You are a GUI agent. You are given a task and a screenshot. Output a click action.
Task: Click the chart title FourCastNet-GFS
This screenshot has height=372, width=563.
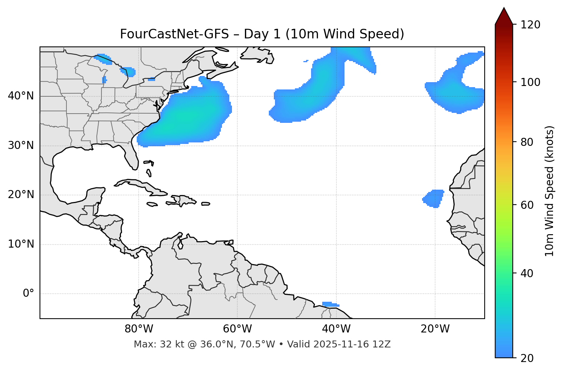[x=262, y=34]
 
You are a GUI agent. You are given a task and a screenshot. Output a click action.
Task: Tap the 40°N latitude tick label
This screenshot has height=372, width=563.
[x=21, y=96]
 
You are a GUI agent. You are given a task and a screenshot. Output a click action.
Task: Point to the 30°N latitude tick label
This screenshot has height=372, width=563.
[x=21, y=145]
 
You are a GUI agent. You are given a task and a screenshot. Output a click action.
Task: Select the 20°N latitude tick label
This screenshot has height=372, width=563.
[x=21, y=195]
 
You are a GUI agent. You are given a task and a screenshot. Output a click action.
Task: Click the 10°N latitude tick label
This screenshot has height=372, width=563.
[x=21, y=244]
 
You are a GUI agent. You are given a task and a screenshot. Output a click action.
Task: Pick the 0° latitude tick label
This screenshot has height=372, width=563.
[x=28, y=294]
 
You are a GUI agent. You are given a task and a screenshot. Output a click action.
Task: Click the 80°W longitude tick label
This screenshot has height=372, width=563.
[x=139, y=329]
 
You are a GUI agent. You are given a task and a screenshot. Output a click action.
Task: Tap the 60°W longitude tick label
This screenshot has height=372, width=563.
[x=237, y=329]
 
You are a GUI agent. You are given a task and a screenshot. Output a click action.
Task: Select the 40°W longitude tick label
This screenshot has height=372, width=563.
[x=336, y=329]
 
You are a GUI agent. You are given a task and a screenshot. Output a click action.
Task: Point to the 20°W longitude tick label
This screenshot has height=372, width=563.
[x=435, y=329]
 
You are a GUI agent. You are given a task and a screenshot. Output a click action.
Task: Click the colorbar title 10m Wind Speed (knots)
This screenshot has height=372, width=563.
[x=550, y=191]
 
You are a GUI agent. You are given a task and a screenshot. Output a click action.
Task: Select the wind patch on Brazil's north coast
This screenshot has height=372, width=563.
[x=330, y=304]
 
